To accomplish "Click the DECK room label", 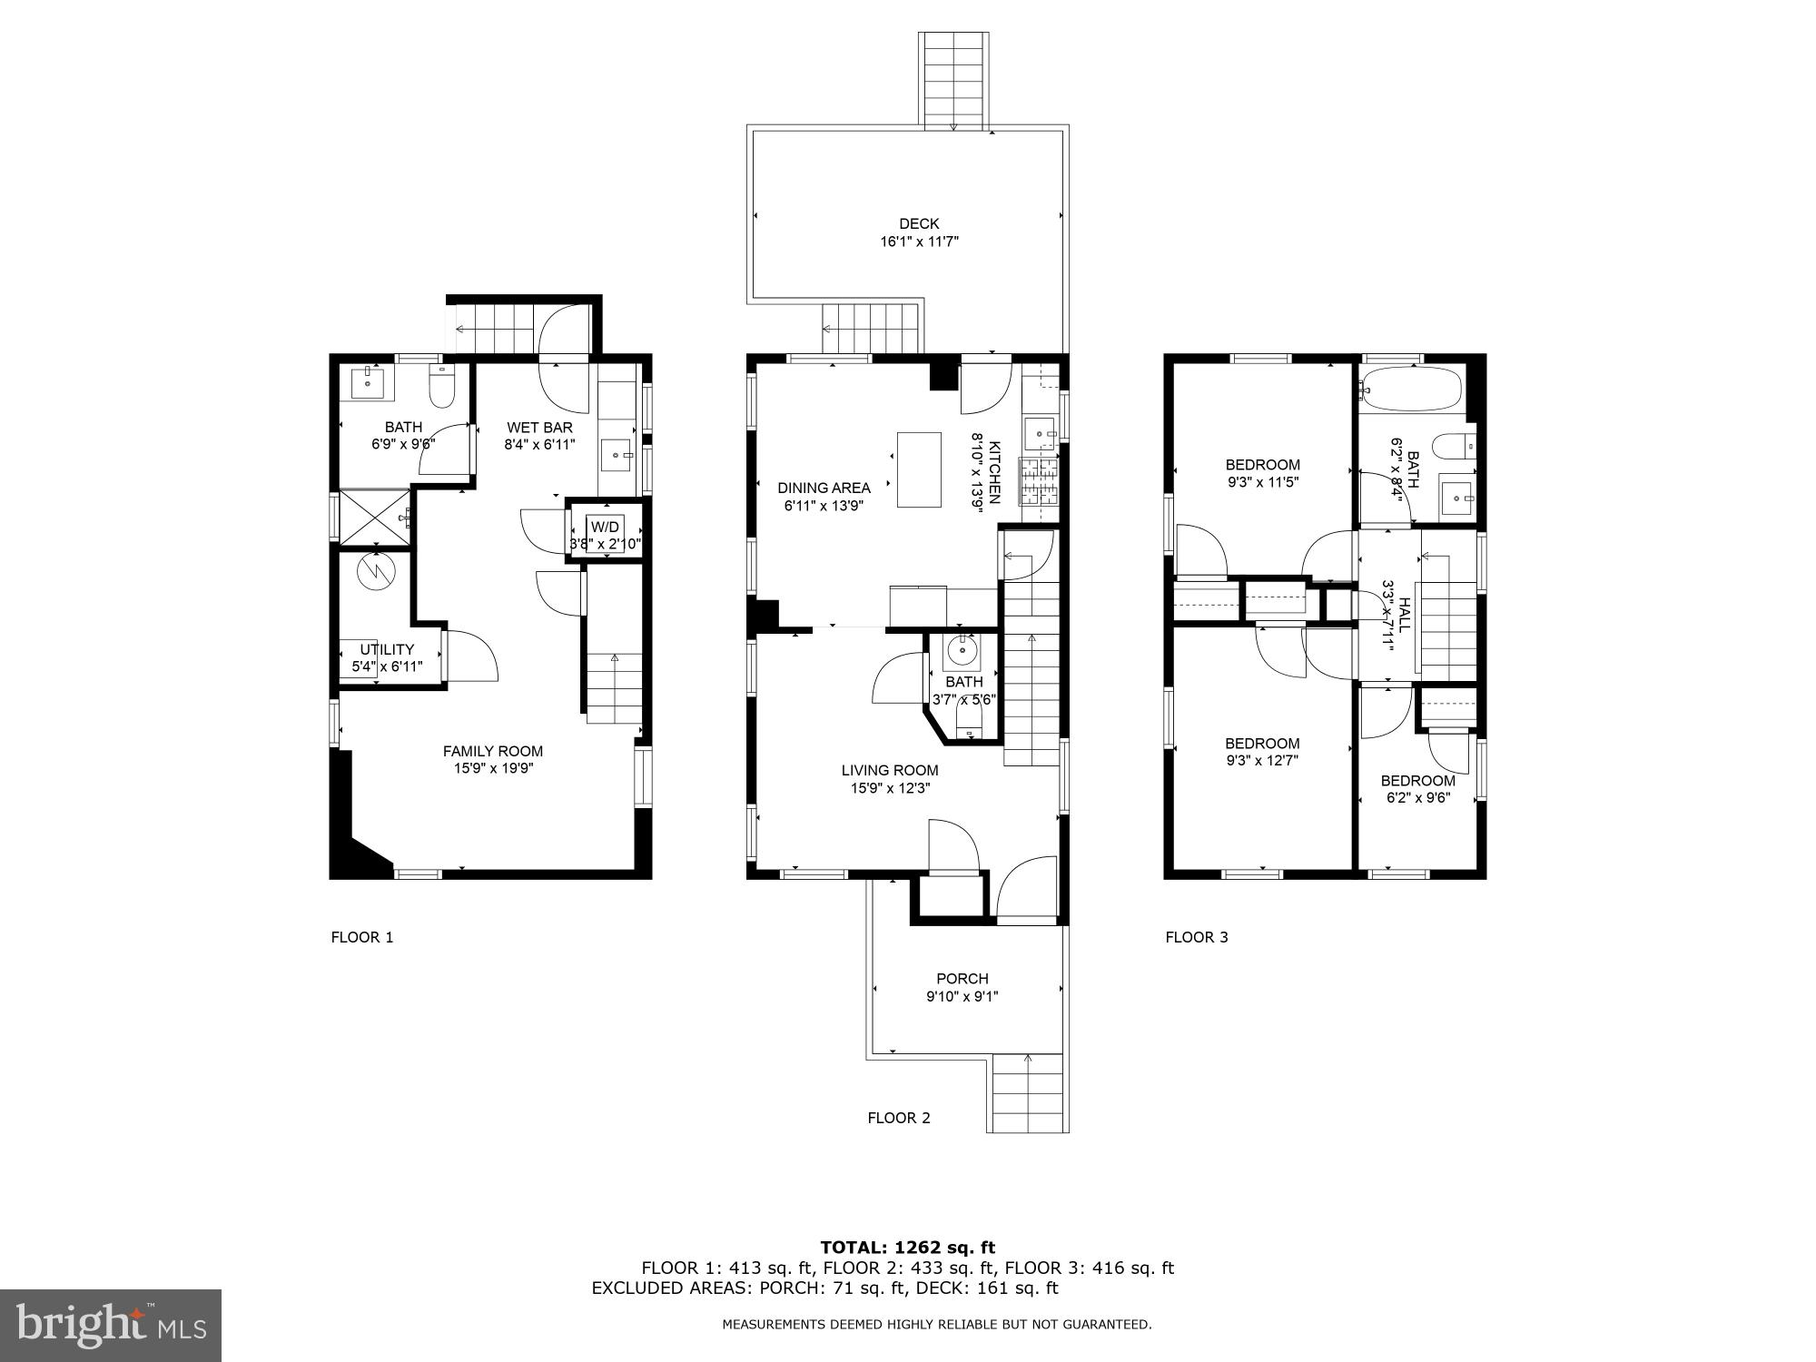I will [919, 223].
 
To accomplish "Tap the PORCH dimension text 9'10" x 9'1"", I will [962, 996].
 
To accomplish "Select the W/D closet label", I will [605, 527].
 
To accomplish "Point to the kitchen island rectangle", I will [919, 469].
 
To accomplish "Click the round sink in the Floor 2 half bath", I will [961, 651].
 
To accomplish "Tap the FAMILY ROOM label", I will [492, 751].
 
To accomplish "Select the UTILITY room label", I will [387, 649].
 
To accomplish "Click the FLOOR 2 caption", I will [898, 1118].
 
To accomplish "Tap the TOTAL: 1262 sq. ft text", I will [907, 1248].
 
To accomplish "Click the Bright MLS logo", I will [111, 1326].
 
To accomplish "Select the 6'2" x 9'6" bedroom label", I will [1417, 798].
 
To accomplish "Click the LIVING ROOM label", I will [889, 770].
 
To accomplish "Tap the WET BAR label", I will [539, 428].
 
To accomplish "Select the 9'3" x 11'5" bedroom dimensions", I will [1262, 482].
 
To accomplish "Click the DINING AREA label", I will [823, 488].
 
